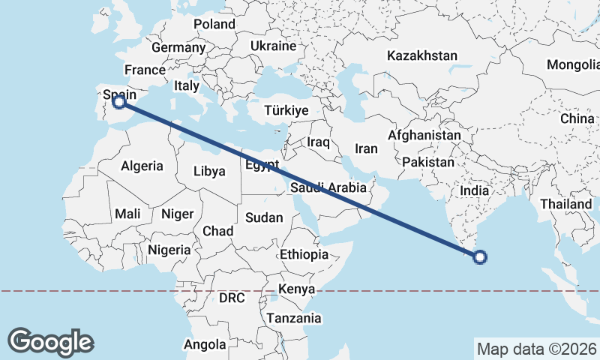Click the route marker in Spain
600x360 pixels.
point(118,102)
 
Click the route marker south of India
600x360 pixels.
point(480,258)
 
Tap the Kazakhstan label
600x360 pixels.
point(422,55)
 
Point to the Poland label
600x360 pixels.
point(214,24)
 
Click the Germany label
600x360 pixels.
point(178,47)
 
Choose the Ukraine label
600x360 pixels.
point(274,46)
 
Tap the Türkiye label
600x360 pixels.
point(286,110)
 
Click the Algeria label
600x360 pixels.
point(142,166)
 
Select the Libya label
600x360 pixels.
point(209,171)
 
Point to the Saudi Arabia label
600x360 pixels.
point(328,187)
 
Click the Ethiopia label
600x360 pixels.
point(304,254)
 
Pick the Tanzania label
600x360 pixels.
point(292,318)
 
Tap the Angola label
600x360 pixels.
point(205,345)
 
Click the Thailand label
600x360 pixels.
point(565,203)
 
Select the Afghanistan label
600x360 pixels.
point(424,136)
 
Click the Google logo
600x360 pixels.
point(50,341)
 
